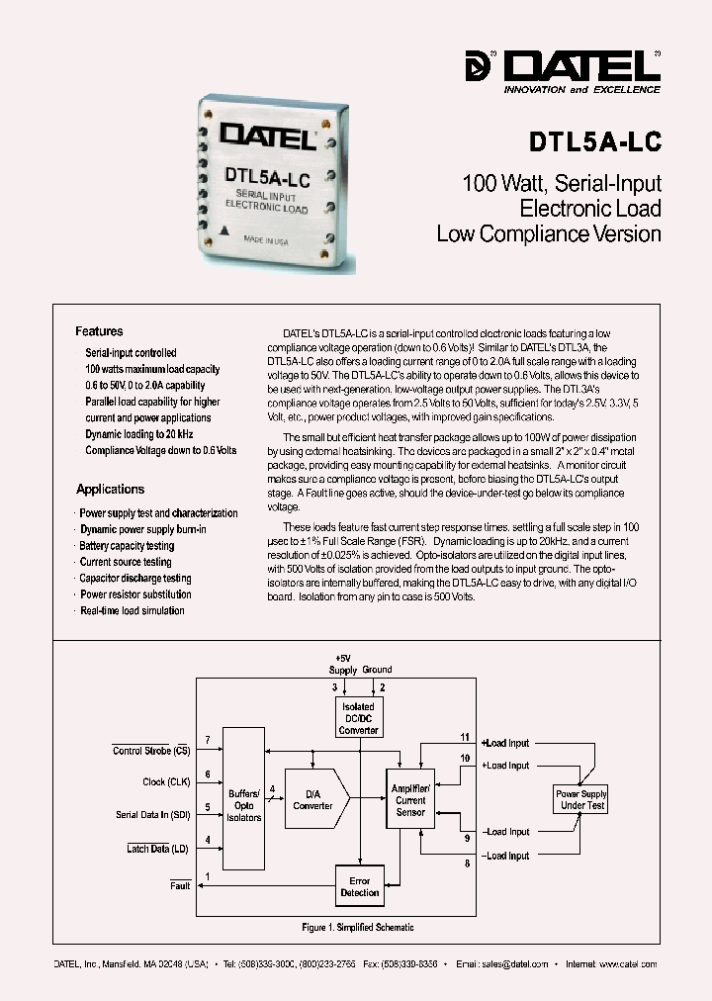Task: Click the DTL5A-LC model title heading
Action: (594, 140)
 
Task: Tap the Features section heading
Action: (99, 331)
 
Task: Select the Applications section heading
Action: (110, 489)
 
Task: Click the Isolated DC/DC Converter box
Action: (359, 718)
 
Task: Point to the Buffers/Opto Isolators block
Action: (244, 805)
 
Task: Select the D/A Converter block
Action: (313, 799)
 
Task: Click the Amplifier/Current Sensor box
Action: (410, 799)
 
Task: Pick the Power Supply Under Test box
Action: (580, 799)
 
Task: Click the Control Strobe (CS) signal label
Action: (152, 751)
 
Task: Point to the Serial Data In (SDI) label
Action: (153, 815)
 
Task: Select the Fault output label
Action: (179, 885)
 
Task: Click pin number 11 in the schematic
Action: (465, 737)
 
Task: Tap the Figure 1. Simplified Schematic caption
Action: (357, 927)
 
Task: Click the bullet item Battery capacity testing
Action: (127, 546)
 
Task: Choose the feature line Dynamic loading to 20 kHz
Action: (138, 434)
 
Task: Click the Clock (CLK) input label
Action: (167, 781)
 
